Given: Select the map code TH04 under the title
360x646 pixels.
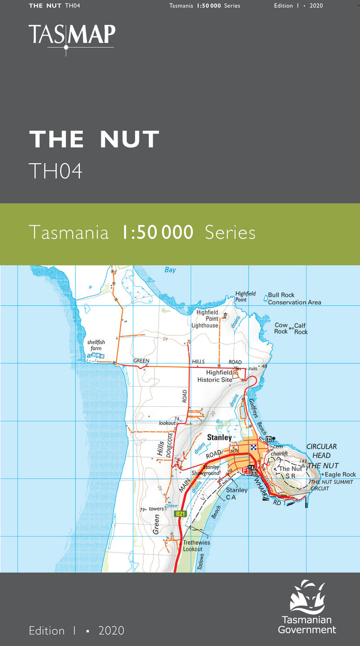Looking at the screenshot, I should click(56, 171).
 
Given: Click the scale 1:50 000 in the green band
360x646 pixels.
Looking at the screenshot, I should click(157, 232).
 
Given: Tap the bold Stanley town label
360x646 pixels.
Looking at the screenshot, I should click(219, 437).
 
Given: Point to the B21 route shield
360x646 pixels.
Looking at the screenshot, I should click(180, 514).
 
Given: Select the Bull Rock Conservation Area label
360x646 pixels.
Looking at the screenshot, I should click(294, 299).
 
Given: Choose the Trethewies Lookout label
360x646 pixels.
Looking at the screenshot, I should click(196, 546).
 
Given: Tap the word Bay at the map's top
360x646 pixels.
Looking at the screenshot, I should click(170, 270).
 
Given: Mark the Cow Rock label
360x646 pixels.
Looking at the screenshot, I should click(281, 328).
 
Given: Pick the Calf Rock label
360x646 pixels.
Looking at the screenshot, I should click(300, 329).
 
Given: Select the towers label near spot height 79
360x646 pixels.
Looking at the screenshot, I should click(156, 509).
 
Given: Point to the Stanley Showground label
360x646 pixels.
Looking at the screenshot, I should click(205, 470).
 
